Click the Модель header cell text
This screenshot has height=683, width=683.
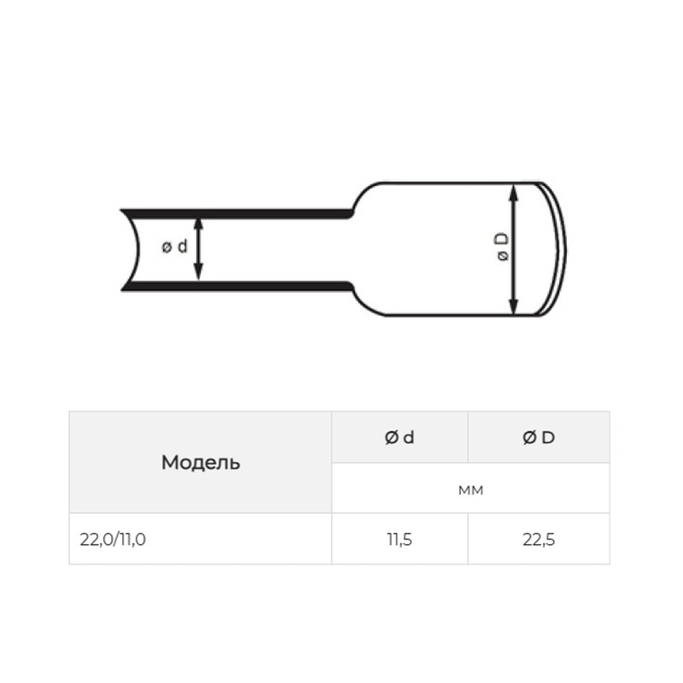click(x=201, y=463)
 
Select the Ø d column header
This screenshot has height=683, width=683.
click(x=400, y=437)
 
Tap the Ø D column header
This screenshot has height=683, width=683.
click(x=539, y=437)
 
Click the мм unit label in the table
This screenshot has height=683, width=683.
click(x=471, y=490)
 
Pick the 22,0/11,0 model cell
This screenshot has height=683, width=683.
click(x=113, y=540)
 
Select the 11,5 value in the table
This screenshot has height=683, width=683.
click(x=400, y=540)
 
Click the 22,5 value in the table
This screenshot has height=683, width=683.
click(x=539, y=540)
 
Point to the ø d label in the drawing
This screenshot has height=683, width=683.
click(x=175, y=247)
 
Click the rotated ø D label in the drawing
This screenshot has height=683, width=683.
click(x=502, y=247)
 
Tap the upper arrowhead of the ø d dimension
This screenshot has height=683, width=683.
click(x=198, y=223)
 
